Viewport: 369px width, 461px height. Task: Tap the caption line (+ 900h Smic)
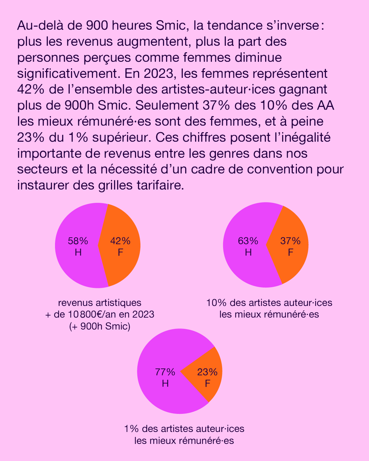pos(100,326)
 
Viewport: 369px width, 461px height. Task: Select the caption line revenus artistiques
pos(100,303)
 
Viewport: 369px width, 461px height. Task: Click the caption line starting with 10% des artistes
pos(269,303)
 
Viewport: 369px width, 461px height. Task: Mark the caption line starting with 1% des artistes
pos(184,429)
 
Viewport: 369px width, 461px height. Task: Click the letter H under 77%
pos(165,383)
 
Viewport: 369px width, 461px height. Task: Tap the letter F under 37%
pos(290,252)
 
